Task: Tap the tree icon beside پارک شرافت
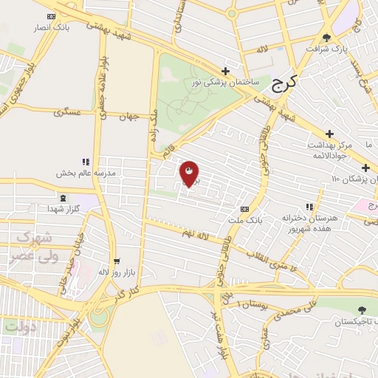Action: pos(327,38)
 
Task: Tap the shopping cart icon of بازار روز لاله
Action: pos(117,261)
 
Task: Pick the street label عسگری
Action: pos(67,112)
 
